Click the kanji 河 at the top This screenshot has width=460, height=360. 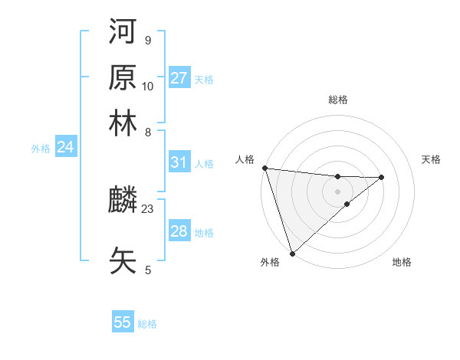pyautogui.click(x=123, y=34)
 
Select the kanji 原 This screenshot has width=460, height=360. pyautogui.click(x=123, y=78)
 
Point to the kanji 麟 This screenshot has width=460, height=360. pyautogui.click(x=123, y=201)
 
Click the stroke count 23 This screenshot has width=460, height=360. pyautogui.click(x=148, y=208)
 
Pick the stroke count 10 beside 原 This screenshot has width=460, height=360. pyautogui.click(x=148, y=86)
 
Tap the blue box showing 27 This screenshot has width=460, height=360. pyautogui.click(x=179, y=78)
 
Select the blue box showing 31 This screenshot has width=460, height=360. pyautogui.click(x=179, y=162)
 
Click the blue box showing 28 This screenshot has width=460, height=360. pyautogui.click(x=179, y=231)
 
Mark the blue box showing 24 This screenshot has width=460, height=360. pyautogui.click(x=65, y=147)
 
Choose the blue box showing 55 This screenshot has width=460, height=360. pyautogui.click(x=123, y=322)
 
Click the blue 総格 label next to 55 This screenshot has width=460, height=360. pyautogui.click(x=147, y=324)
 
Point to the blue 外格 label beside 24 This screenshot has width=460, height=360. pyautogui.click(x=41, y=149)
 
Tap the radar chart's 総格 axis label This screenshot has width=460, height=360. pyautogui.click(x=337, y=100)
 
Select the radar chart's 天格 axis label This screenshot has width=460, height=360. pyautogui.click(x=431, y=159)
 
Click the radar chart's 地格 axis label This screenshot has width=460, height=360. pyautogui.click(x=402, y=262)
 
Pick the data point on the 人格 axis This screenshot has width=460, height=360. pyautogui.click(x=264, y=168)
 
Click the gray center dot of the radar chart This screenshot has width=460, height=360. pyautogui.click(x=337, y=191)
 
